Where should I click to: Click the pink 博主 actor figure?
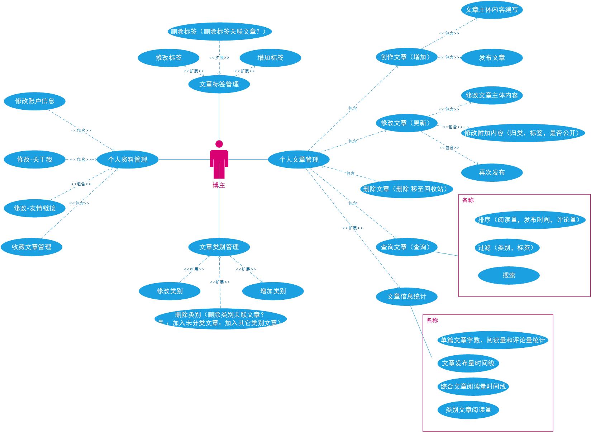pos(219,160)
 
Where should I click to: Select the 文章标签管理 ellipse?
pos(219,84)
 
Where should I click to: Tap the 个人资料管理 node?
pos(128,160)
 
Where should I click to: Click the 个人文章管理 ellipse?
pos(299,160)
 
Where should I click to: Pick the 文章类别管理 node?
pos(219,247)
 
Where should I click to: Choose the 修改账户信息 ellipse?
pos(35,101)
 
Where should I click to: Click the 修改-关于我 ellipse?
pos(35,160)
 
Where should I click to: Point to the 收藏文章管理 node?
pos(32,247)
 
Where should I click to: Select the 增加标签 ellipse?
pos(270,58)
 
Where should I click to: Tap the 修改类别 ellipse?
pos(170,291)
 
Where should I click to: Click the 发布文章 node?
pos(492,58)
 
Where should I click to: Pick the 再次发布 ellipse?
pos(492,172)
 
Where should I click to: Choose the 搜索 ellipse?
pos(509,275)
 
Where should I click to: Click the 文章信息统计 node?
pos(407,296)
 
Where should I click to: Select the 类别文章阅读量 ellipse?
pos(468,410)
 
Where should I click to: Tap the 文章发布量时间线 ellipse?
pos(468,363)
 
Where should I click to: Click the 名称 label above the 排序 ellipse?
pos(468,200)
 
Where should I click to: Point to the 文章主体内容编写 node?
pos(492,10)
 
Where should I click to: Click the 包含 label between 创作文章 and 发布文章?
pos(449,57)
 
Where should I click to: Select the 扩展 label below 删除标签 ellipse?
pos(219,58)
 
